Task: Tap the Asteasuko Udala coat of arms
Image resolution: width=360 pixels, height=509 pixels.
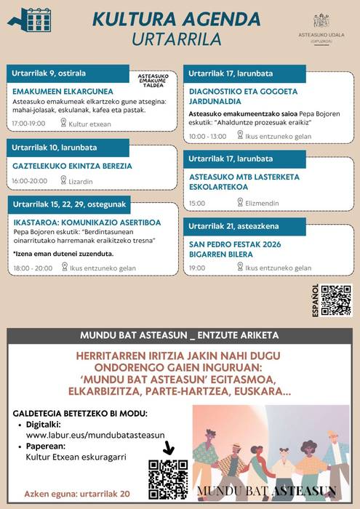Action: point(321,20)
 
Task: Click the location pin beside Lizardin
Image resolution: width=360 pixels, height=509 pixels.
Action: point(63,180)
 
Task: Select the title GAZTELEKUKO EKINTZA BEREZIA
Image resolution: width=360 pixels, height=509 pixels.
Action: point(72,166)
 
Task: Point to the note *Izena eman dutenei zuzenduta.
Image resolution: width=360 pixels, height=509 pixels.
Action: point(63,253)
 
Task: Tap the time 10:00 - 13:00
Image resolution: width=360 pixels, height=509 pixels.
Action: point(207,136)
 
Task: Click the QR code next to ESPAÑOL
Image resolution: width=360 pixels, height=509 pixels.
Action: point(336,300)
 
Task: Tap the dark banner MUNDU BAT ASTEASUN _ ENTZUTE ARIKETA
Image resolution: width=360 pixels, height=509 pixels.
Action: point(180,335)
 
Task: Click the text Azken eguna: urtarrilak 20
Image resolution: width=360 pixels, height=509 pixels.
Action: point(76,492)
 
